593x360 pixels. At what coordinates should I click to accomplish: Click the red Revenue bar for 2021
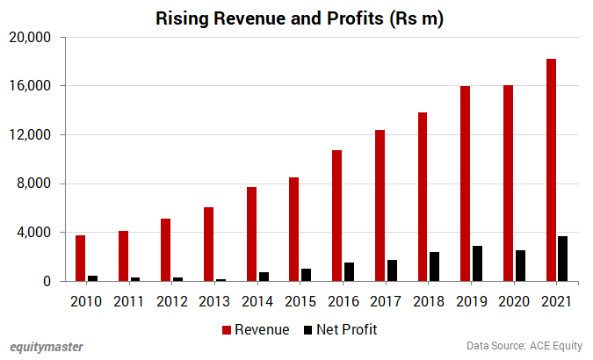coord(551,170)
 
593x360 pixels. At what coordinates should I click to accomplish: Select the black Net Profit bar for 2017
coord(393,270)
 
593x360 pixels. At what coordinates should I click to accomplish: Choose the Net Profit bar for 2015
coord(307,275)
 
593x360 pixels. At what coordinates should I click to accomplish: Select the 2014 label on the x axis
coord(257,302)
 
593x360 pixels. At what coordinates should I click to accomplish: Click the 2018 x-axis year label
coord(429,302)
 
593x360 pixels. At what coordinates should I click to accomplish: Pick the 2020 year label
coord(514,302)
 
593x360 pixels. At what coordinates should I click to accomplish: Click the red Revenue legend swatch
coord(227,330)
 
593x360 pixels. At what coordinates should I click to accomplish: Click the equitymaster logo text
coord(47,347)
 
